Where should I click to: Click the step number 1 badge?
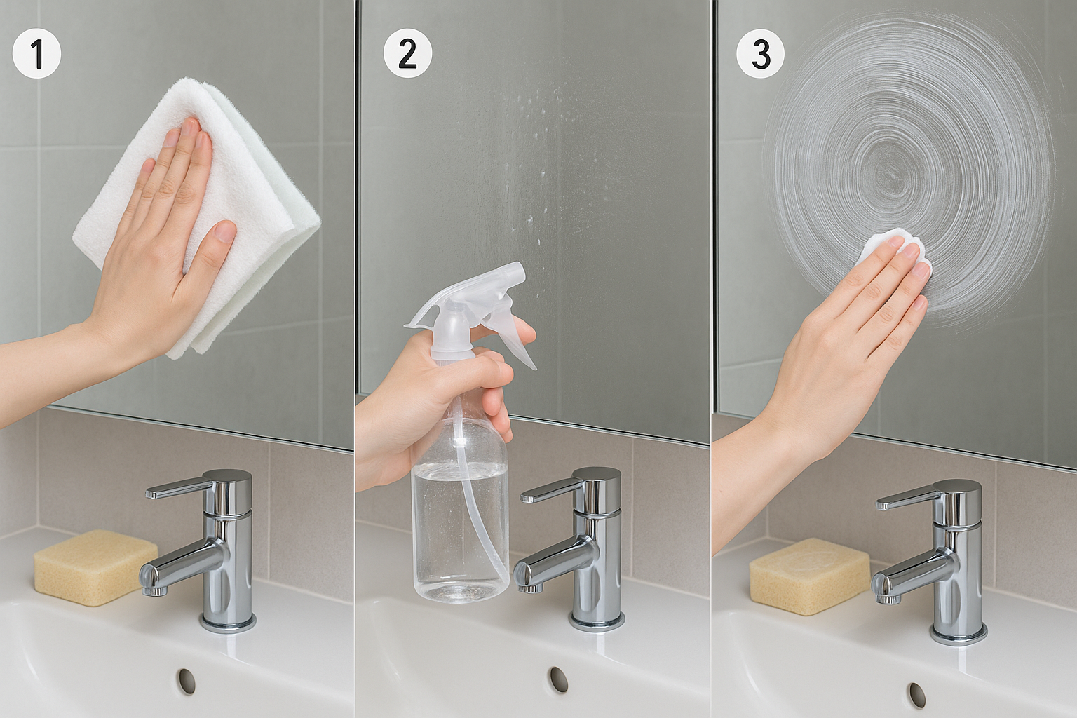pos(36,54)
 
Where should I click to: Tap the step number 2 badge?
pos(407,54)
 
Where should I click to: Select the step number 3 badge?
pos(760,54)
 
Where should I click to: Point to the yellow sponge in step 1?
pos(95,567)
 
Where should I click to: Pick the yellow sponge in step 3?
pos(809,576)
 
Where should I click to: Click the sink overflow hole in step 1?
pos(186,681)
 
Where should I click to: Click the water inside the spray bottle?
pos(461,529)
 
